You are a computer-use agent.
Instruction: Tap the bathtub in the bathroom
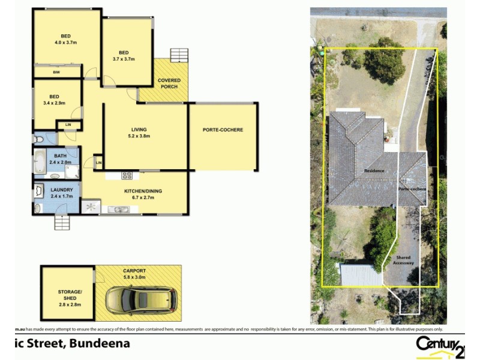point(40,161)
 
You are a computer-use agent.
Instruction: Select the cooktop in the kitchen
point(127,176)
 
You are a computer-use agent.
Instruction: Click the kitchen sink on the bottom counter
point(118,209)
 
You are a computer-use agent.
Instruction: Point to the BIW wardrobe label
point(56,73)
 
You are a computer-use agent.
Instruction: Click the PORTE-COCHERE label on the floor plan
point(223,130)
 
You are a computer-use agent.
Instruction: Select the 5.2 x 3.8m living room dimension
point(139,136)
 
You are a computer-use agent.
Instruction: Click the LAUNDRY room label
point(62,190)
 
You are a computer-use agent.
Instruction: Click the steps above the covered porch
point(179,55)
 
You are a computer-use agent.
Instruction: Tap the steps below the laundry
point(62,223)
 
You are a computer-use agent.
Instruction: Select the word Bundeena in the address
point(100,344)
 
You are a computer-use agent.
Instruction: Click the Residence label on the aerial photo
point(374,171)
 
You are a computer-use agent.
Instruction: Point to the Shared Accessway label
point(403,260)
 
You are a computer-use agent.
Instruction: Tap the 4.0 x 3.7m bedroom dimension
point(66,43)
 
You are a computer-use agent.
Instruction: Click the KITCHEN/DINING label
point(143,191)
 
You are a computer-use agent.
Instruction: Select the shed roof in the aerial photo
point(361,275)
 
